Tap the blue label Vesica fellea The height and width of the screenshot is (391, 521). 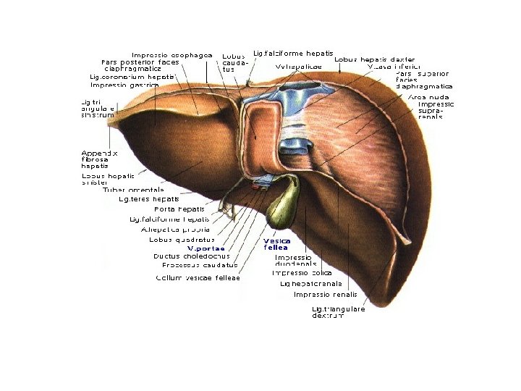[277, 244]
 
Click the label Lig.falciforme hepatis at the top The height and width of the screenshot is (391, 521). [293, 53]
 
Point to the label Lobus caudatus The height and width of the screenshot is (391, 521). [233, 62]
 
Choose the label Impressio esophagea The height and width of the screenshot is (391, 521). [171, 54]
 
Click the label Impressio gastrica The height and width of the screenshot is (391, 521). [124, 85]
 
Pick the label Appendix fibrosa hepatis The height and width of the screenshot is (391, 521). [99, 159]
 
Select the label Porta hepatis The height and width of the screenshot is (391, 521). [179, 209]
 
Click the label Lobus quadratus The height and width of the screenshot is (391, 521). [182, 239]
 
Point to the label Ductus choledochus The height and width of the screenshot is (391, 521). [192, 256]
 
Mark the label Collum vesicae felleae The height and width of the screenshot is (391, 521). [198, 277]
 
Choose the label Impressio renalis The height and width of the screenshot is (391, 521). [325, 295]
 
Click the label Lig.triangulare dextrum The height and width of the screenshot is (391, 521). [338, 312]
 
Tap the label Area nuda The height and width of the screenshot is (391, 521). [428, 96]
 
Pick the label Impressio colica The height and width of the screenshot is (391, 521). [302, 273]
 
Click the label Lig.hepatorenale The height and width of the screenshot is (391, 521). [311, 284]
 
